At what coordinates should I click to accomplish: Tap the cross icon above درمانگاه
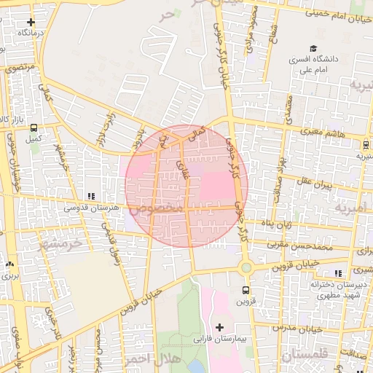point(30,23)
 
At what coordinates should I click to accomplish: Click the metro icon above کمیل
point(34,125)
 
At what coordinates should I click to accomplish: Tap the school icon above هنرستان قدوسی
point(91,196)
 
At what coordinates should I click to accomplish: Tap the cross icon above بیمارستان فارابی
point(219,327)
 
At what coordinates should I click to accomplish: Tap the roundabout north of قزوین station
point(246,267)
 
